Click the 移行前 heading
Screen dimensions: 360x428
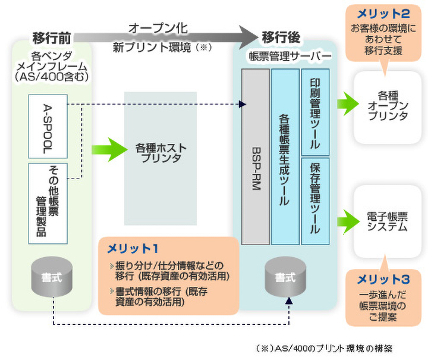pyautogui.click(x=52, y=38)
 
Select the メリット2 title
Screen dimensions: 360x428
pyautogui.click(x=381, y=13)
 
